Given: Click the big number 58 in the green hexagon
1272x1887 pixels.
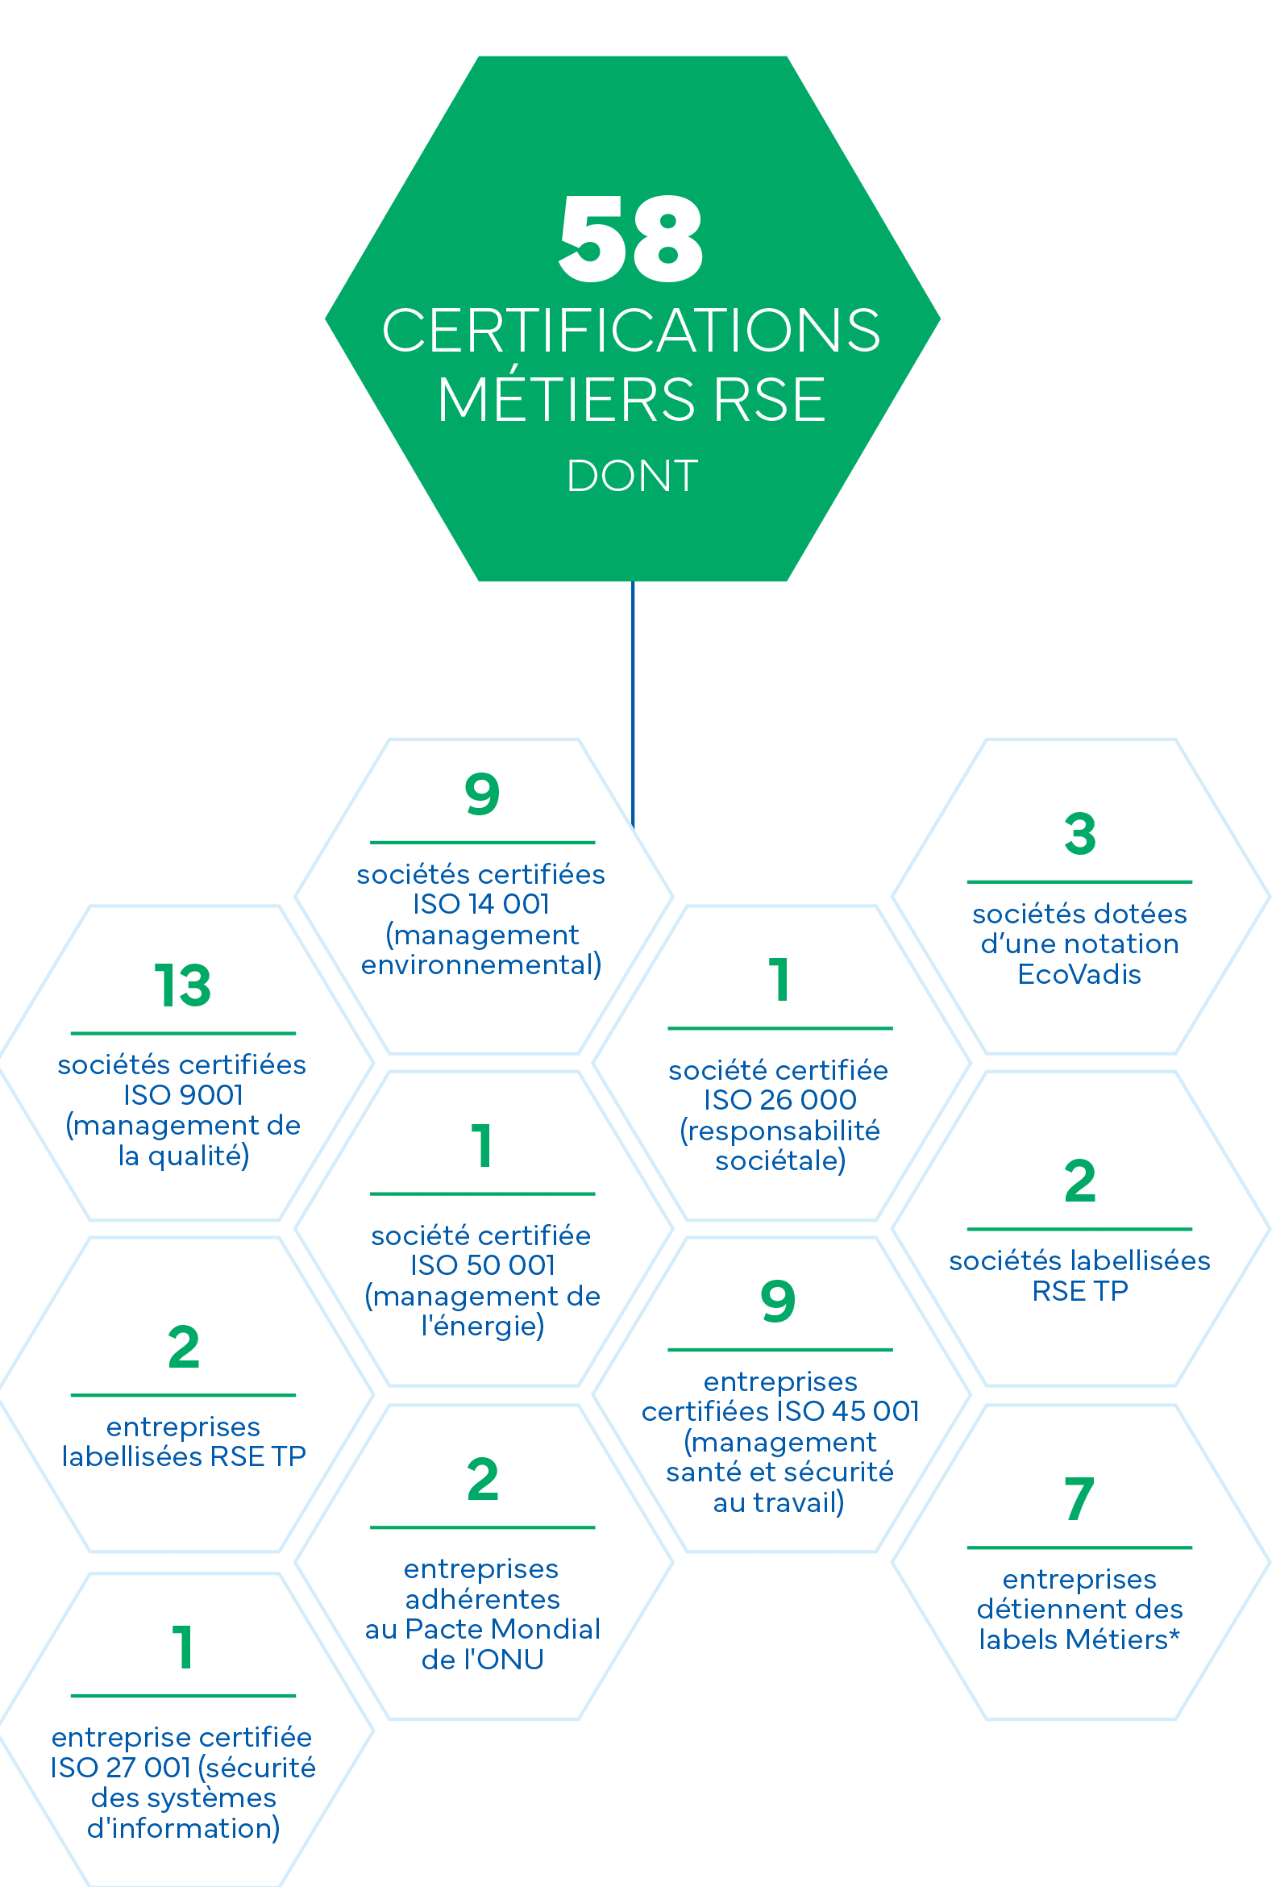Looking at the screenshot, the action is click(x=631, y=239).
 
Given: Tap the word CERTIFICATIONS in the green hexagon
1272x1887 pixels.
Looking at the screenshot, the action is click(x=631, y=331).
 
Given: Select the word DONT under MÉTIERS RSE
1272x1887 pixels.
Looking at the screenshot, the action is click(x=632, y=476).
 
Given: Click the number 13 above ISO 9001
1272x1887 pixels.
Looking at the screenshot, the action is click(x=182, y=985).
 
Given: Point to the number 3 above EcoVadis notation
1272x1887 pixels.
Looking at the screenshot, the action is click(x=1079, y=834).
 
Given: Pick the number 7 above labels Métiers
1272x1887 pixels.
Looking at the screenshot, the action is click(x=1079, y=1499).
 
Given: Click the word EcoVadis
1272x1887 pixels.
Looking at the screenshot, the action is click(x=1079, y=974).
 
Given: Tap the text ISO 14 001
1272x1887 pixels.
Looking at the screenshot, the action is click(x=482, y=903).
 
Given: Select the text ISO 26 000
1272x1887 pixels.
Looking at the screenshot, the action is click(x=780, y=1100).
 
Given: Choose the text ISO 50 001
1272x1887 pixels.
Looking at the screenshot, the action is click(x=483, y=1264).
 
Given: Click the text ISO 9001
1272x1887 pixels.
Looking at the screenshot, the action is click(x=183, y=1095).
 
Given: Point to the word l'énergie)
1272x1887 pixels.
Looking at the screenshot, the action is click(x=483, y=1327).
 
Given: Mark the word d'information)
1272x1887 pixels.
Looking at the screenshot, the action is click(x=183, y=1829).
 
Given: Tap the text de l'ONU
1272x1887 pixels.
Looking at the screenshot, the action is click(x=483, y=1660).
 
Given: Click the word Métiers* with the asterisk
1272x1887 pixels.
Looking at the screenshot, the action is click(x=1123, y=1639).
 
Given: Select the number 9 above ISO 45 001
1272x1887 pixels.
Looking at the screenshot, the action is click(x=778, y=1301).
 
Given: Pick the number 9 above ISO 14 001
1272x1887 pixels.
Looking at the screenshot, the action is click(x=482, y=794).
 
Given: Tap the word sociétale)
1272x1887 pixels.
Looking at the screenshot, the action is click(x=780, y=1160).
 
